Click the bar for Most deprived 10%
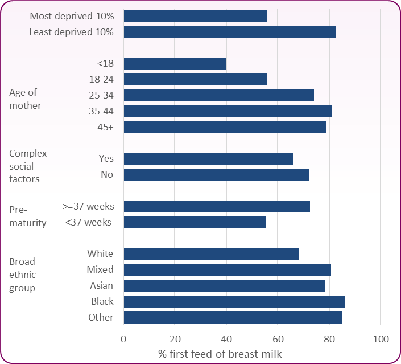(x=195, y=16)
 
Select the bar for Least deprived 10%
(x=230, y=32)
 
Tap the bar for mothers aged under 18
(x=175, y=64)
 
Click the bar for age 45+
(x=225, y=127)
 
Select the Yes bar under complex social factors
(x=208, y=159)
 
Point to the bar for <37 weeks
(x=195, y=222)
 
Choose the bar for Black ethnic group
(x=234, y=301)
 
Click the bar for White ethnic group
(x=211, y=254)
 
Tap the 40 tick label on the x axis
(x=226, y=340)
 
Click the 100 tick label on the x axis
(x=380, y=340)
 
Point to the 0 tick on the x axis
(x=123, y=340)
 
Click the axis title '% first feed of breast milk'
(x=220, y=354)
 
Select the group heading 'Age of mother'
(x=25, y=99)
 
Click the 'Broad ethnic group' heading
(x=22, y=275)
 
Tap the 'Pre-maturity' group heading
(x=27, y=216)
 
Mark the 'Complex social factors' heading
(x=28, y=166)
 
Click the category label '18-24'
(x=101, y=80)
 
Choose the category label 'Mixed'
(x=100, y=269)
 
